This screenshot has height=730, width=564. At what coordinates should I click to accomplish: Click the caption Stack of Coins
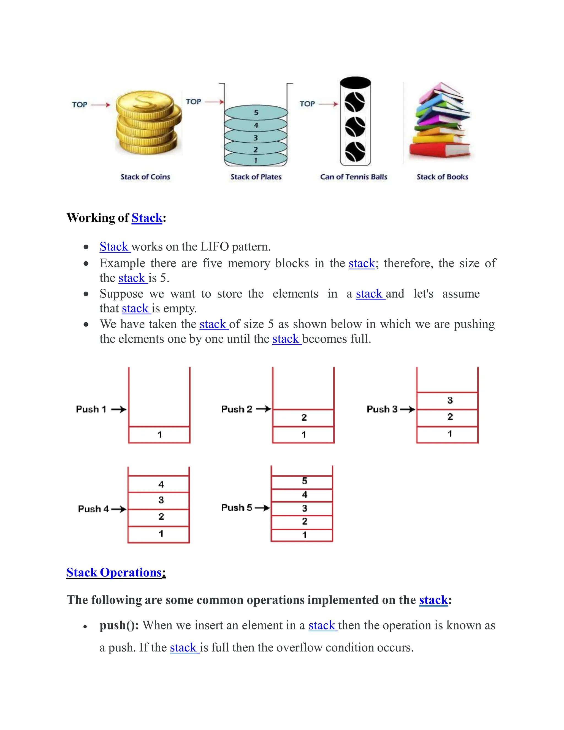(x=145, y=177)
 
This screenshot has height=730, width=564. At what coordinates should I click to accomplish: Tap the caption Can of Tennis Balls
(x=354, y=177)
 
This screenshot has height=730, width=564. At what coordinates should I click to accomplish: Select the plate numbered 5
(x=256, y=113)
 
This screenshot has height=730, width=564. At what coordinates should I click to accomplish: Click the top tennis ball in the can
(x=355, y=102)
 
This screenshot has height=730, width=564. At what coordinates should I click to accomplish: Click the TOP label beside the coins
(x=80, y=105)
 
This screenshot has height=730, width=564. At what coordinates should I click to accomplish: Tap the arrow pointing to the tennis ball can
(x=329, y=104)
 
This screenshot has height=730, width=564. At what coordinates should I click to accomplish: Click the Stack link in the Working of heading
(x=147, y=218)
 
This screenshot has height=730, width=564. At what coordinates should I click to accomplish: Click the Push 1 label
(x=91, y=409)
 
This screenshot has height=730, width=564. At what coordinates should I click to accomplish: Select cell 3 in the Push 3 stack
(x=450, y=401)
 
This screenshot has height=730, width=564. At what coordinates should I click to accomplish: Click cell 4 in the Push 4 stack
(x=161, y=484)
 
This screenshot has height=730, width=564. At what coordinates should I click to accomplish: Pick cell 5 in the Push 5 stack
(x=304, y=481)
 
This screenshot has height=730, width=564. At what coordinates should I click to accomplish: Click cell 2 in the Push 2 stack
(x=304, y=417)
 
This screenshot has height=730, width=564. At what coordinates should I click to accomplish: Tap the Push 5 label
(x=237, y=508)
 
